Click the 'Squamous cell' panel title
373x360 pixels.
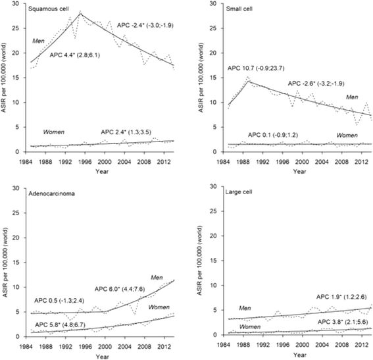tap(50, 11)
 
